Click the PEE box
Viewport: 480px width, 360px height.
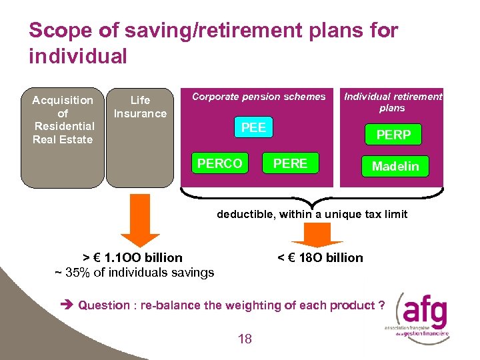253,128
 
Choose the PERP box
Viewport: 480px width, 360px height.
393,135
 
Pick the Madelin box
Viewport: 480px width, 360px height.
395,166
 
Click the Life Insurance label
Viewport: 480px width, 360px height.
140,107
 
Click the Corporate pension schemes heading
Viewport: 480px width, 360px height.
259,97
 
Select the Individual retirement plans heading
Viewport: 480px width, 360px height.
393,102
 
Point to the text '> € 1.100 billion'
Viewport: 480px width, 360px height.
133,257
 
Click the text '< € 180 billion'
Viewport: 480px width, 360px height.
320,257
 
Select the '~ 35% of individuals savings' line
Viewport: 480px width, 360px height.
134,272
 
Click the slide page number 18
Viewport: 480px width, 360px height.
245,339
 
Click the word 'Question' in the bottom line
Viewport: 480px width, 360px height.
104,305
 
